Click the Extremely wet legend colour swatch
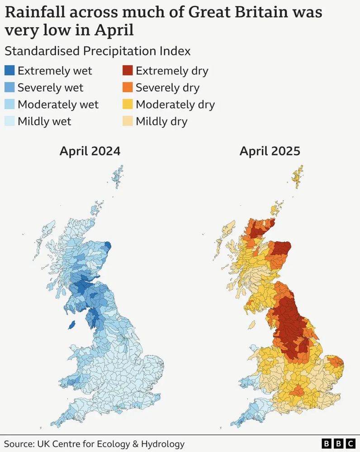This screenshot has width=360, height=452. tap(9, 71)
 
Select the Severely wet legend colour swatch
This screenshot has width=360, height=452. tap(9, 88)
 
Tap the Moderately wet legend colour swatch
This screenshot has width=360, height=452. tap(9, 104)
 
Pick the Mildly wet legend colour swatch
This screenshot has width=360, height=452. tap(9, 121)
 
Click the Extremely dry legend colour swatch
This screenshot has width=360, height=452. tap(128, 71)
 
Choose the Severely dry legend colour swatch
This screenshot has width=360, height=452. tap(128, 88)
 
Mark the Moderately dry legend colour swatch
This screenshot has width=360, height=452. tap(128, 104)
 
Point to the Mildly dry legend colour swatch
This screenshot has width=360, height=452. tap(128, 121)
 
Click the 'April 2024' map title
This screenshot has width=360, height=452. tap(90, 151)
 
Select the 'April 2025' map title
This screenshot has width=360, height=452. tap(270, 151)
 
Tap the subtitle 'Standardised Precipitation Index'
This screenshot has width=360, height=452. tap(97, 51)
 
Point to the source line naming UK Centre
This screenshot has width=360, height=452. tap(95, 443)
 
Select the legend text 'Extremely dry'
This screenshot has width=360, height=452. tap(172, 71)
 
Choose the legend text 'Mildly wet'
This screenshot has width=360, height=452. tap(44, 121)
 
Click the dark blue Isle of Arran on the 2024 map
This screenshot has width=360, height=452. tap(71, 325)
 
